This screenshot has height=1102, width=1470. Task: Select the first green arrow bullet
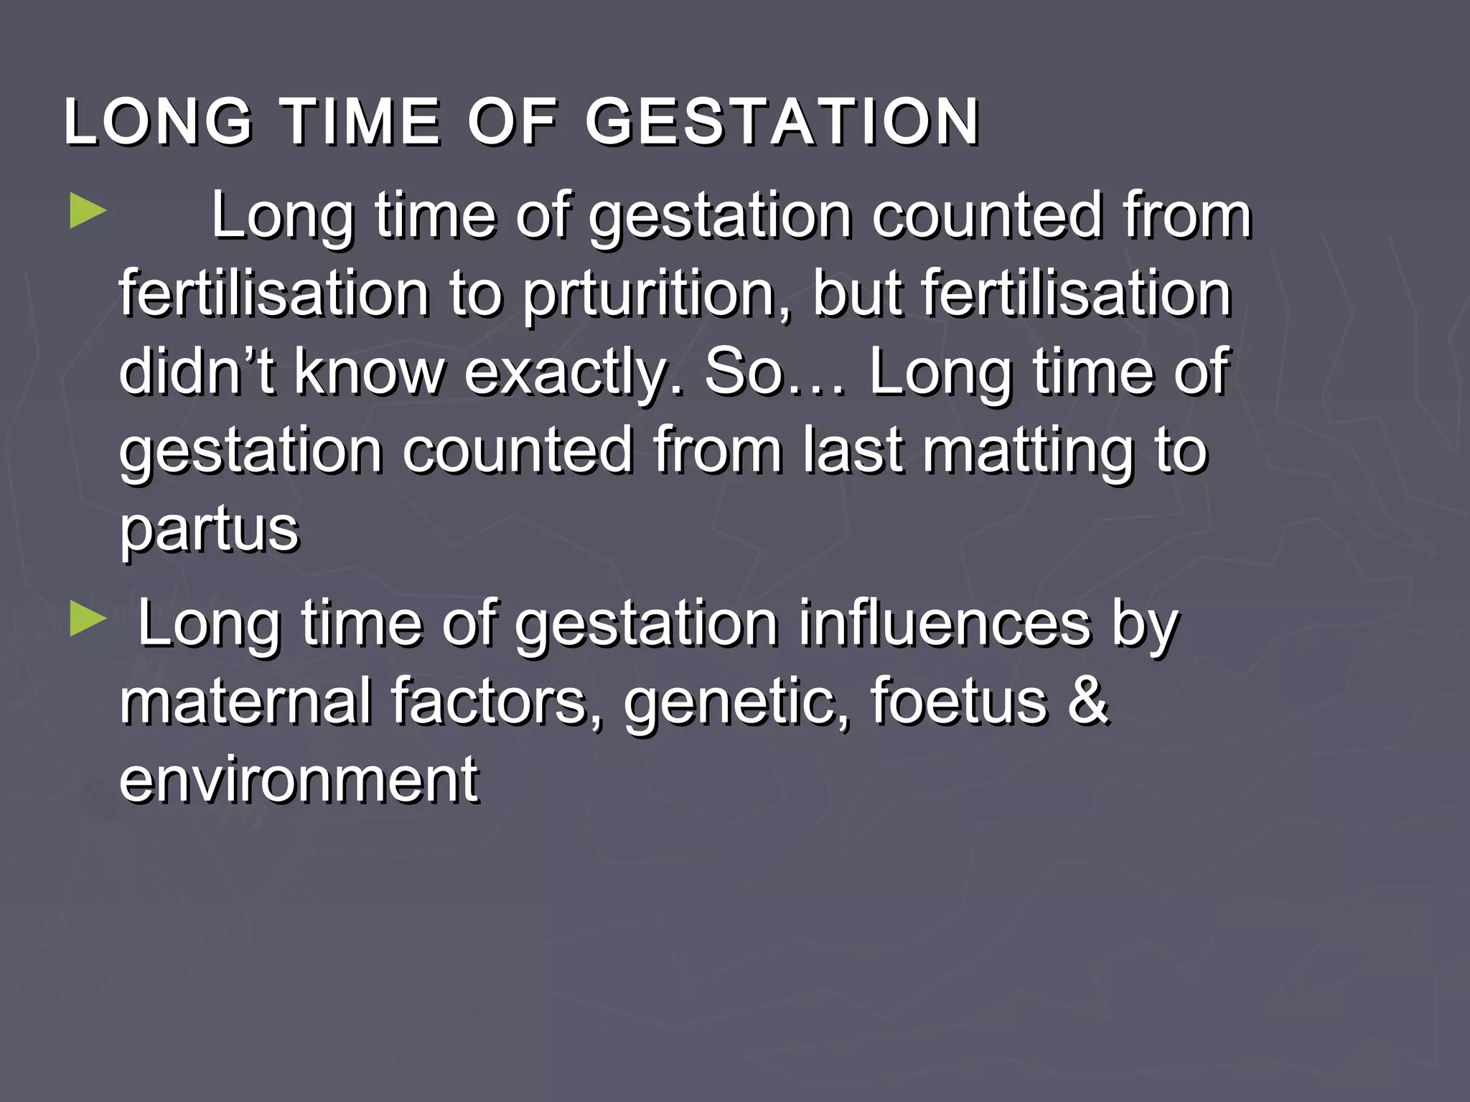88,214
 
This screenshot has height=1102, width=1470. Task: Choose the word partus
209,531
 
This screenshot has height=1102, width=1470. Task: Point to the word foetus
958,701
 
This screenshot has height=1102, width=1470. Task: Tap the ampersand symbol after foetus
1088,701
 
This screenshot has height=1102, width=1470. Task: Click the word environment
299,780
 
